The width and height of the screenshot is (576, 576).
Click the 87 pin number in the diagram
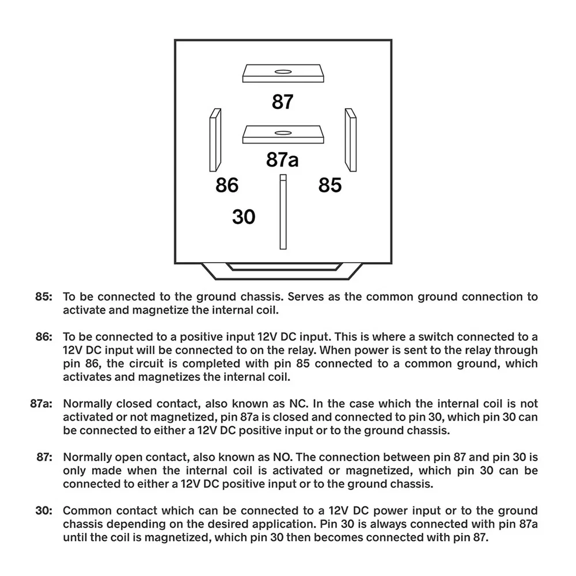click(283, 101)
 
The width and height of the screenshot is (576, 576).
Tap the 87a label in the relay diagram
click(282, 160)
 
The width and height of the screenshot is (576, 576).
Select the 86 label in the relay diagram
click(227, 185)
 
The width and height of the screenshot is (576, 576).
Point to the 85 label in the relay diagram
click(330, 185)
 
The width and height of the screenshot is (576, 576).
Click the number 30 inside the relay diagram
click(244, 217)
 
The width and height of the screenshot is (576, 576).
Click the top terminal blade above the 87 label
click(282, 74)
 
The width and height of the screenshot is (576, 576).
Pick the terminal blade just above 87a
click(282, 135)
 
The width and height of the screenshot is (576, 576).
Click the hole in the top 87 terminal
click(283, 71)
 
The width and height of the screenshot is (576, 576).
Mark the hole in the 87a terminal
click(283, 132)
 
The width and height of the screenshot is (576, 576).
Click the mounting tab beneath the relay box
click(282, 269)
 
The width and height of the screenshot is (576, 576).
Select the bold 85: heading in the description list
click(43, 297)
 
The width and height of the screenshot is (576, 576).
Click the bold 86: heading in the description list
click(43, 336)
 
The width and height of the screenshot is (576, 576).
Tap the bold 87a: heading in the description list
click(40, 403)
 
